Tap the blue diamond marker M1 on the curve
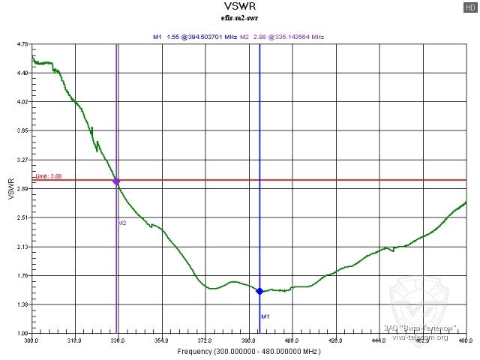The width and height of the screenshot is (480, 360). click(259, 291)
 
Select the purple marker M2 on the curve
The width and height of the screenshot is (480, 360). click(116, 181)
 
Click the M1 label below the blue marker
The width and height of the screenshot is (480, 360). click(265, 316)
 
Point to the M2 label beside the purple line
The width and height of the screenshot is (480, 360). click(122, 223)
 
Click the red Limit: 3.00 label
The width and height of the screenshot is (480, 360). click(43, 176)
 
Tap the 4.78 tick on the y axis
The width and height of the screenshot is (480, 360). click(22, 44)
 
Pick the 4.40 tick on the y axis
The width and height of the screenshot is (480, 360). click(22, 73)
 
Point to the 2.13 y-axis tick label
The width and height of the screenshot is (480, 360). click(22, 247)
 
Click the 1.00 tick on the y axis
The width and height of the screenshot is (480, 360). click(22, 333)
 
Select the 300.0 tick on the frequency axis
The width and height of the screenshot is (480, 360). click(31, 340)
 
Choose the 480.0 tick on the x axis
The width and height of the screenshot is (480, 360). click(465, 340)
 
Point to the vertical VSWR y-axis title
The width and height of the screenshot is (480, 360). click(10, 188)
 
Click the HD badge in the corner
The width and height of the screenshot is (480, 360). click(469, 7)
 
